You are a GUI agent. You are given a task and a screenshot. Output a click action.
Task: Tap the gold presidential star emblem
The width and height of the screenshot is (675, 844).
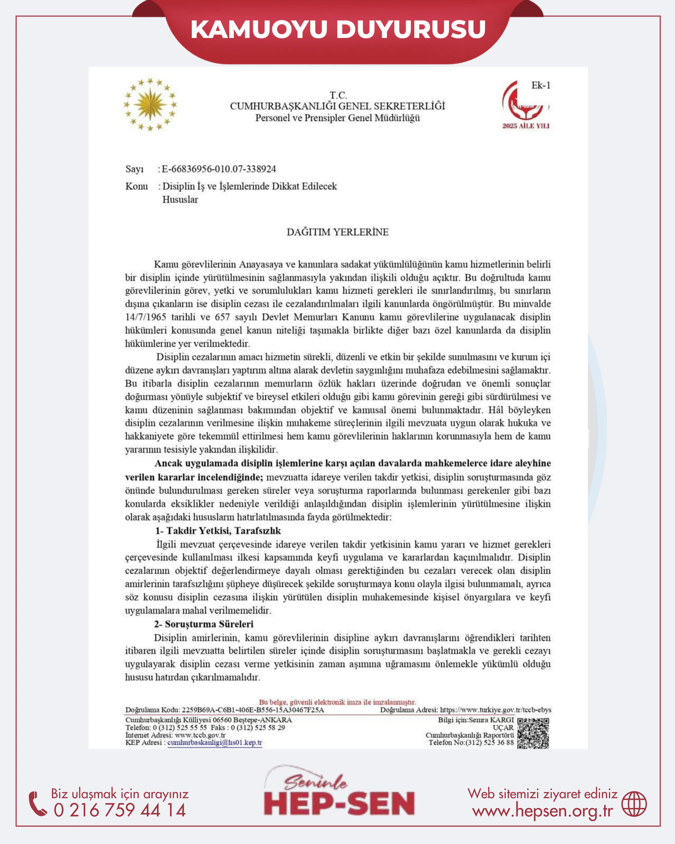point(150,104)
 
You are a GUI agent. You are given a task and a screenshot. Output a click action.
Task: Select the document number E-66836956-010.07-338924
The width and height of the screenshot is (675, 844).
point(219,169)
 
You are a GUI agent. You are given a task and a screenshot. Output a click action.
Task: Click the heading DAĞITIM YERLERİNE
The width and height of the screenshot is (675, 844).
point(338,232)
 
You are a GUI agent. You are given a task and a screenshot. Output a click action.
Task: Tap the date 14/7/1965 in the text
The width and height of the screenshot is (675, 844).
point(146,317)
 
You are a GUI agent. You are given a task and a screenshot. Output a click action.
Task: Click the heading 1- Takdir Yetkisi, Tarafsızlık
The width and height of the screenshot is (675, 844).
point(218,531)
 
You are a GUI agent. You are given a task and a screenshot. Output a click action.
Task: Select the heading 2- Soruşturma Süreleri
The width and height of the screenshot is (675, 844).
point(203,624)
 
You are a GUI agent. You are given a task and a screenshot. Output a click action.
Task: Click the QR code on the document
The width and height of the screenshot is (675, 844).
point(533,733)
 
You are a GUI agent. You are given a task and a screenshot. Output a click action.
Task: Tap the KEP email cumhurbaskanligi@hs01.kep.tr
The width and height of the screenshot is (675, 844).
point(215,743)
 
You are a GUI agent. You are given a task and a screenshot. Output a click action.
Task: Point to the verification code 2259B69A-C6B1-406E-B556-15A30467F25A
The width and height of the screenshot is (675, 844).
point(253,710)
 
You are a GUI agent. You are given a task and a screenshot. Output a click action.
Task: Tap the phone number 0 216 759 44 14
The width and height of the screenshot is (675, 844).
point(120,810)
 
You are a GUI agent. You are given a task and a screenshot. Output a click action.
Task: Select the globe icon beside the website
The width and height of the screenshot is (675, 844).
point(634,804)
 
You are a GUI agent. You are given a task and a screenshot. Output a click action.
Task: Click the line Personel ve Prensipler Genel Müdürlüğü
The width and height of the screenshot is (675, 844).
point(338,118)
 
